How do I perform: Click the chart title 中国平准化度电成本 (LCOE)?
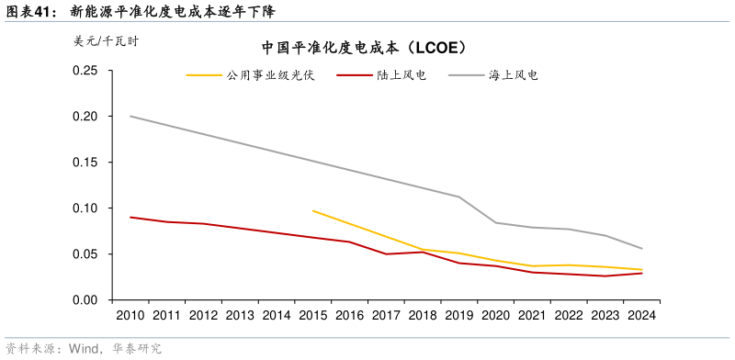tap(366, 47)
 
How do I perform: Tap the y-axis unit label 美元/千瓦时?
tap(106, 41)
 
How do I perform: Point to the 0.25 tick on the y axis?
tap(85, 71)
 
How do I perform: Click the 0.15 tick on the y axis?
tap(85, 163)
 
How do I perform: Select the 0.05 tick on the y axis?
tap(85, 254)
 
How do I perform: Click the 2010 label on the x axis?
tap(130, 316)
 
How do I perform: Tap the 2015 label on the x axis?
tap(312, 316)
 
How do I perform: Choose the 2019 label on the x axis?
tap(458, 316)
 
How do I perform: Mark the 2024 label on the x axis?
tap(641, 316)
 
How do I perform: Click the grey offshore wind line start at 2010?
tap(130, 116)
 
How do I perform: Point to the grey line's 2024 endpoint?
tap(641, 249)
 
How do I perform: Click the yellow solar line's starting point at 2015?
tap(313, 210)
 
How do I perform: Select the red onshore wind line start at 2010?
tap(130, 217)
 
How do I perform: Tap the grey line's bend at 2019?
tap(458, 197)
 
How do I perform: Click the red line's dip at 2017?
tap(386, 253)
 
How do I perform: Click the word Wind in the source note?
tap(84, 349)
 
